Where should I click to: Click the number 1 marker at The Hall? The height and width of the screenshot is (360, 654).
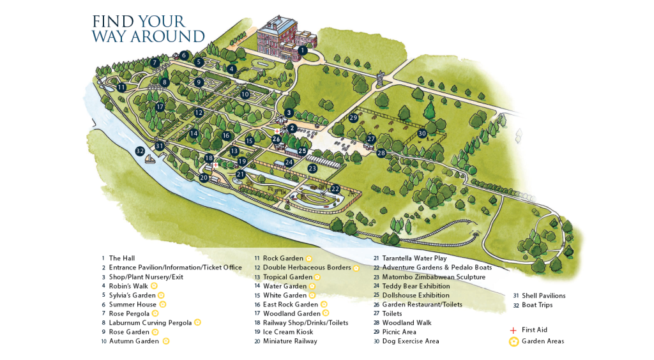click(x=303, y=50)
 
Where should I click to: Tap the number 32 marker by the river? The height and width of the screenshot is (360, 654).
click(x=140, y=151)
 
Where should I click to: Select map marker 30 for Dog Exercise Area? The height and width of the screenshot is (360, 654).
click(x=422, y=133)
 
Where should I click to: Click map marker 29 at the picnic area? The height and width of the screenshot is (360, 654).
click(x=353, y=117)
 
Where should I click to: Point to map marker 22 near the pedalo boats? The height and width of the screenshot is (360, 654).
click(x=335, y=189)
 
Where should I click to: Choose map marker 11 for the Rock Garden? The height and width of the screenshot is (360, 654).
click(x=121, y=87)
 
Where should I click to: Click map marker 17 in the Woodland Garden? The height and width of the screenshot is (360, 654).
click(x=160, y=107)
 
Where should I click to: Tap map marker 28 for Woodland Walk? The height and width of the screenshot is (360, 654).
click(x=381, y=153)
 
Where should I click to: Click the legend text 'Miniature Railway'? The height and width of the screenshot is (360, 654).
click(x=290, y=341)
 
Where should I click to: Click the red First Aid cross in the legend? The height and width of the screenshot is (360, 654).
click(x=512, y=330)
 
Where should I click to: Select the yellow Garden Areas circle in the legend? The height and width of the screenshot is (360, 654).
click(x=513, y=341)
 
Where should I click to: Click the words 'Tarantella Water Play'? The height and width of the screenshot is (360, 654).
click(x=414, y=259)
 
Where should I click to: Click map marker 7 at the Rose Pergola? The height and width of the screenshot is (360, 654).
click(x=155, y=63)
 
